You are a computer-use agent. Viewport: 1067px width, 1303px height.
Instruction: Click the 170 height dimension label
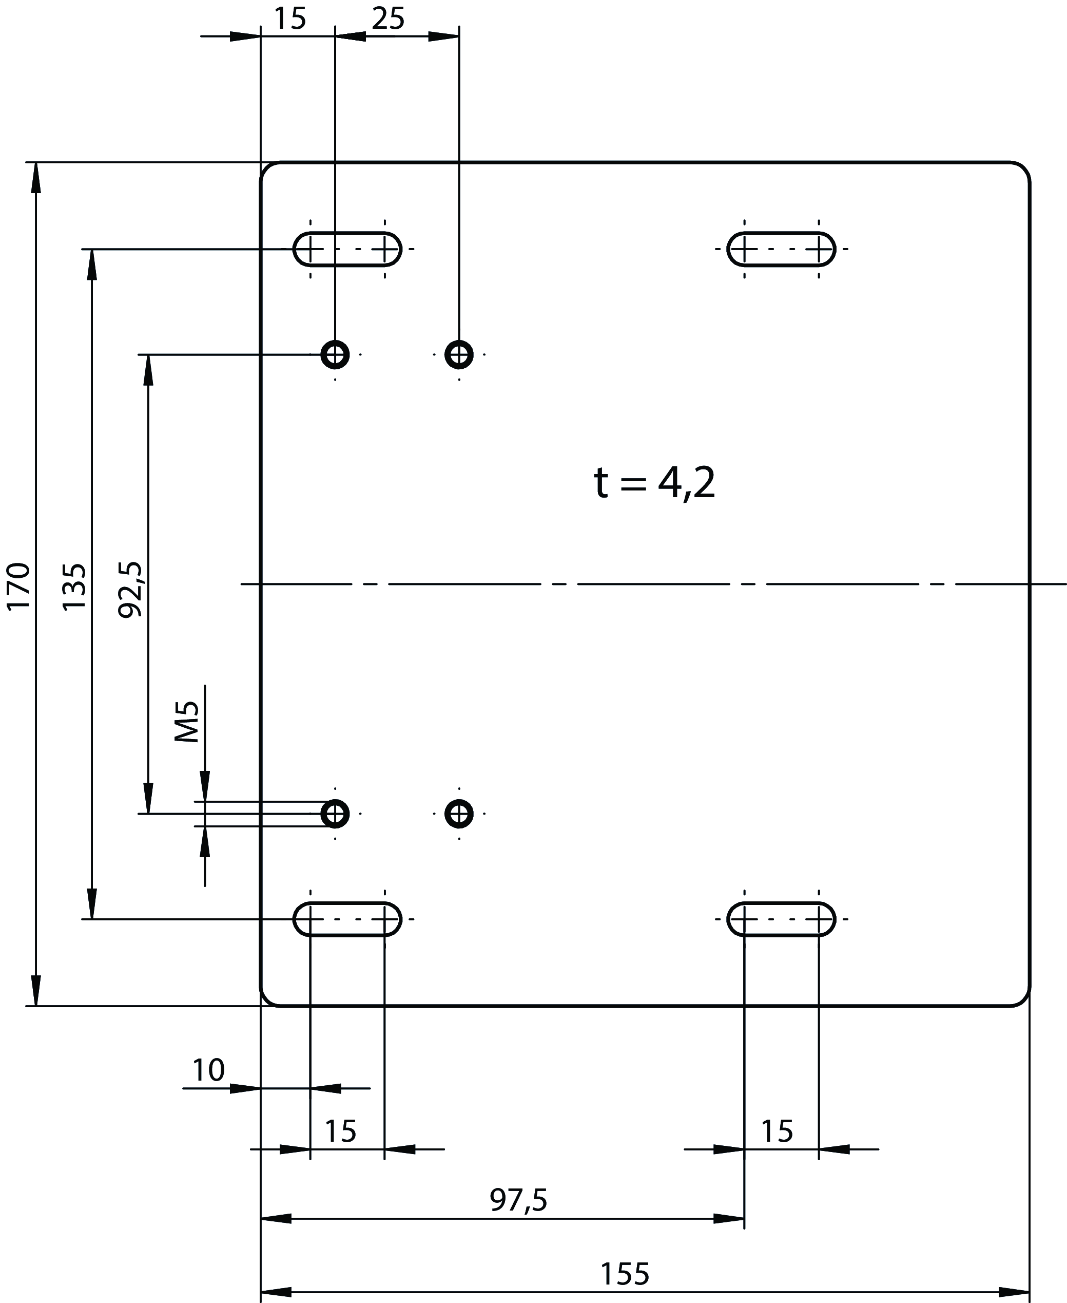click(x=18, y=586)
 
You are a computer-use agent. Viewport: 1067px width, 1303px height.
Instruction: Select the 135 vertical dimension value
click(x=75, y=587)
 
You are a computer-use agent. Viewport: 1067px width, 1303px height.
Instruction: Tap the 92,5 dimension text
click(x=131, y=589)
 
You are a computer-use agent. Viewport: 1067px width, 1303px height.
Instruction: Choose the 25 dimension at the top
click(x=389, y=19)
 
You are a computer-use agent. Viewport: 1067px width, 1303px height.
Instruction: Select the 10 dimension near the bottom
click(x=208, y=1070)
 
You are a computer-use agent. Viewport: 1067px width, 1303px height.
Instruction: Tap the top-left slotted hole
click(x=347, y=249)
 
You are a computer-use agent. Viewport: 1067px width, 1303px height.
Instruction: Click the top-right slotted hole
click(x=781, y=249)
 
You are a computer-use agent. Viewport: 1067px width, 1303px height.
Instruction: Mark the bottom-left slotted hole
click(x=347, y=919)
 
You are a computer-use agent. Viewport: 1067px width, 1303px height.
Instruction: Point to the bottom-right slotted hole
click(x=781, y=919)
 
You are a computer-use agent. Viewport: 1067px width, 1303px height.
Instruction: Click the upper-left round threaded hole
click(x=335, y=354)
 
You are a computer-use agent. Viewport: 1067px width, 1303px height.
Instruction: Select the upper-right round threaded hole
click(x=459, y=354)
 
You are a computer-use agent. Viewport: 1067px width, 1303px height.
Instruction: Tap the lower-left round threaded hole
click(x=335, y=814)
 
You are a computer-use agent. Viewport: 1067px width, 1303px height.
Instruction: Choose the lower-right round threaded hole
click(x=459, y=814)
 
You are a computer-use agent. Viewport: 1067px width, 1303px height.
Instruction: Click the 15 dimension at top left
click(x=289, y=19)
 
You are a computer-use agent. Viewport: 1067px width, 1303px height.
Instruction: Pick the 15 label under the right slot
click(x=777, y=1131)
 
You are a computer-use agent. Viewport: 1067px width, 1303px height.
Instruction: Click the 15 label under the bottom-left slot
click(x=340, y=1131)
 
